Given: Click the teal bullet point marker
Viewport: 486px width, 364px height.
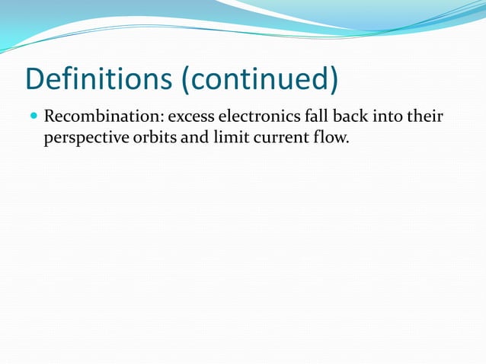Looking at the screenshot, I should coord(33,118).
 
